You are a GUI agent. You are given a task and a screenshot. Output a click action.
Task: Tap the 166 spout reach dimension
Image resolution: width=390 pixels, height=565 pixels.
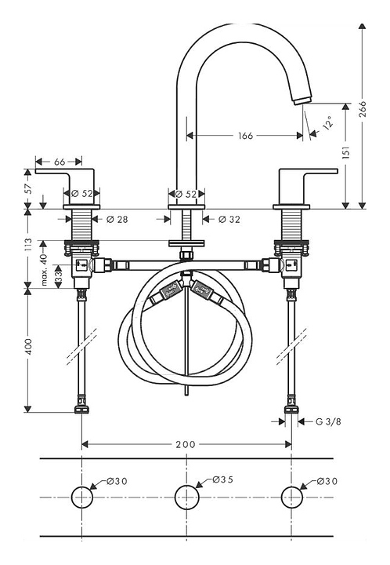tap(245, 136)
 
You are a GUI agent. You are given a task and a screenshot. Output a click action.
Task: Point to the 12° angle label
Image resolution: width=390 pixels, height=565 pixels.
tap(327, 122)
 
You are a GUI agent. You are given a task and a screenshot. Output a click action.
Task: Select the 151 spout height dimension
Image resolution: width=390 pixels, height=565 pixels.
tap(345, 153)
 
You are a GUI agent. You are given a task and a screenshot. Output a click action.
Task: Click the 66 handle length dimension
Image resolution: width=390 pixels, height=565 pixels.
tap(60, 162)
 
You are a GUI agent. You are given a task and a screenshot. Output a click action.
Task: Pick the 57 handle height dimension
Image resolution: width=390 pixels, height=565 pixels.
tap(29, 188)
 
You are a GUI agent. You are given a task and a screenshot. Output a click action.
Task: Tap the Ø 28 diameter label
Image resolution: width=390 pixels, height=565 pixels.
tap(117, 219)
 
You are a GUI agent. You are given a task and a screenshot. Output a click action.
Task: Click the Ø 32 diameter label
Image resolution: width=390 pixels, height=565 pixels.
tap(229, 219)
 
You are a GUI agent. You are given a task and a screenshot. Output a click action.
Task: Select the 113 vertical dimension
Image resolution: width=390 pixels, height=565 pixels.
tap(29, 245)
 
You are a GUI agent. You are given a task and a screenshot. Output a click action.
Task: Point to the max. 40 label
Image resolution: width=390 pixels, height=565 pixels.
tap(44, 270)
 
